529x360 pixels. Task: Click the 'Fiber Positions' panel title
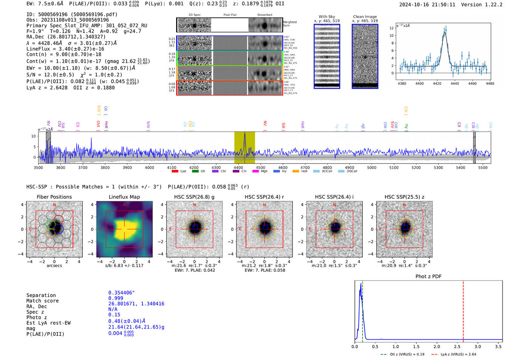coord(54,197)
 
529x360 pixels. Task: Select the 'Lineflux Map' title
coord(124,197)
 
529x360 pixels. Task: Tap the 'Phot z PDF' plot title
coord(428,277)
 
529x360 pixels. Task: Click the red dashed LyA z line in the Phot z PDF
coord(463,310)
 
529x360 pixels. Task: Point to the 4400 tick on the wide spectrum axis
coord(238,168)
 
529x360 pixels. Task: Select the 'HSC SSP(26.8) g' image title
coord(194,197)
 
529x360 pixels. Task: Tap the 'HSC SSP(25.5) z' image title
coord(404,197)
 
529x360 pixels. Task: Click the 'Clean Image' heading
coord(365,17)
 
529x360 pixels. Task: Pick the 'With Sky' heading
coord(326,17)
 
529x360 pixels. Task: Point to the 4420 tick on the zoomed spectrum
coord(437,83)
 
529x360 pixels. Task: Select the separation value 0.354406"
coord(121,293)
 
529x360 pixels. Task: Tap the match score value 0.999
coord(116,298)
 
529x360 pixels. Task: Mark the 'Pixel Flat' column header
coord(230,15)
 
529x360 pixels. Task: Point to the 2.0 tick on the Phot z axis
coord(436,346)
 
